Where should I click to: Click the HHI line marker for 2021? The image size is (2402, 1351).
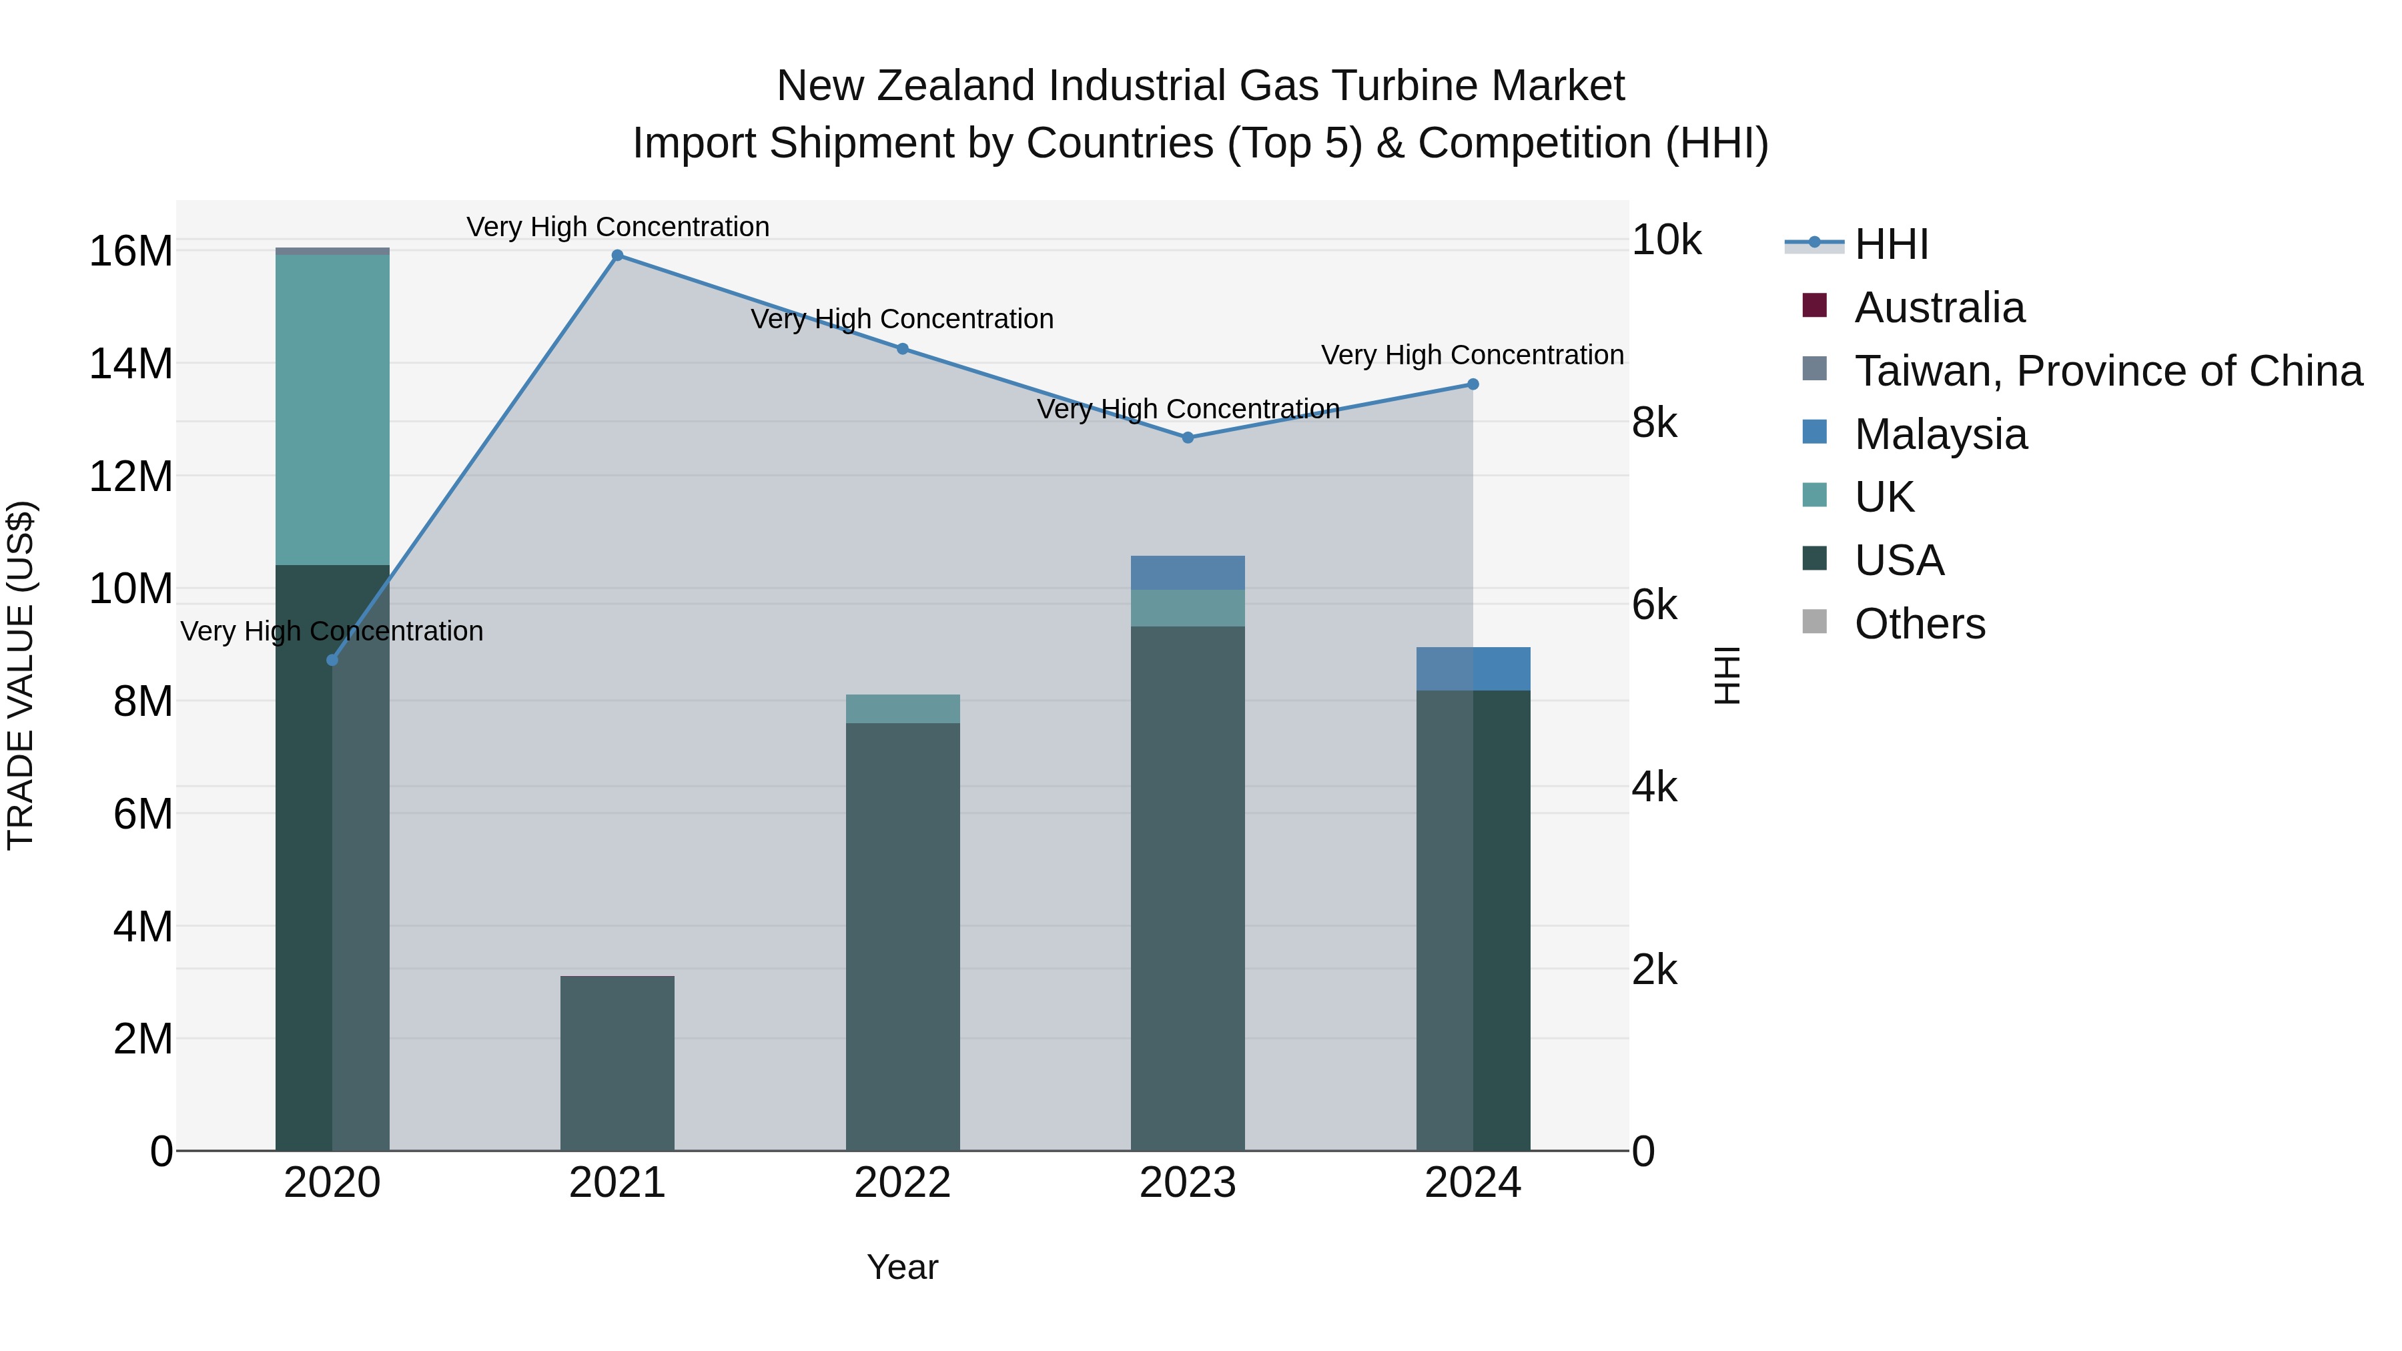[617, 256]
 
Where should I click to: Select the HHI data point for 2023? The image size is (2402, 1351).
[1188, 437]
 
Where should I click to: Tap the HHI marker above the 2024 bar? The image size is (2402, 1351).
[1473, 384]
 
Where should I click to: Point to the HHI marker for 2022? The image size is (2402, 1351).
[903, 349]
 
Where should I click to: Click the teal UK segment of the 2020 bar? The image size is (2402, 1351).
[332, 410]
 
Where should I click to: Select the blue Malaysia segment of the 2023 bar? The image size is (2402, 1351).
[1188, 572]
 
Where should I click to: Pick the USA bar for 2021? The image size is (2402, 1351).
[617, 1063]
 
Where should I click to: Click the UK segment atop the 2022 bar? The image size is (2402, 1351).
[903, 709]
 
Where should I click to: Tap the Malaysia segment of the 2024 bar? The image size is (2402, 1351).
[1473, 668]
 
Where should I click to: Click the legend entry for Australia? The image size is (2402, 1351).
[1940, 308]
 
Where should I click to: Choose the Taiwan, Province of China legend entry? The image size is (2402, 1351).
[2107, 371]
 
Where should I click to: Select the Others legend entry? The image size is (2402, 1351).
[1919, 624]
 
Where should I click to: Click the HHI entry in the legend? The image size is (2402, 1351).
[1890, 244]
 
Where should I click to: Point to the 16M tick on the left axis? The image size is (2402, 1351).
[131, 252]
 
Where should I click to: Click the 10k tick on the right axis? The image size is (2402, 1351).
[1665, 241]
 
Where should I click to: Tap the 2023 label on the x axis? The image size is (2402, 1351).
[1188, 1183]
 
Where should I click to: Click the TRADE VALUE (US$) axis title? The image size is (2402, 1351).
[21, 675]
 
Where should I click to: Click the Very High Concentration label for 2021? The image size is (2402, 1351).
[617, 227]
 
